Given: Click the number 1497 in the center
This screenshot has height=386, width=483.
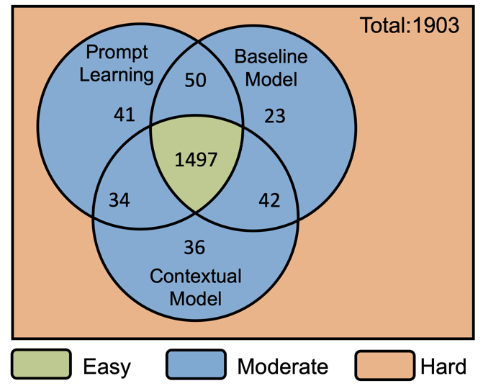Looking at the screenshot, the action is pos(196,160).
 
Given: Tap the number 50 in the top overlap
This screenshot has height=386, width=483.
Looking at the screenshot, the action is pos(195,80).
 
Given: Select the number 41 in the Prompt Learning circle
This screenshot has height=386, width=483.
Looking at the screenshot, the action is pos(124,115).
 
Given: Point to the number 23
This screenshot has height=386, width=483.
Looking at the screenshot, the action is pos(275,116).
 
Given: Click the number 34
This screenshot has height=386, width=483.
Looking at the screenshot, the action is pos(119,199).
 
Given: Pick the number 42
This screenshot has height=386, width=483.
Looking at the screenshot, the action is pos(269,200).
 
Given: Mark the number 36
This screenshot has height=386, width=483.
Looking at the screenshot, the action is pos(194,248).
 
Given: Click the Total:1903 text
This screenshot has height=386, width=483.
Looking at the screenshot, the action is pos(410,25).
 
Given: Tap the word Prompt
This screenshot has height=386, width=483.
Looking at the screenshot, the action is pos(117,53).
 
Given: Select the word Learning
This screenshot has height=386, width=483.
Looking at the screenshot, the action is pos(117,76).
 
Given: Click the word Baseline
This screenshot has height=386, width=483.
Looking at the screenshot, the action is pos(271,57).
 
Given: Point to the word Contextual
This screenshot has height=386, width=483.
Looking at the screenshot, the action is pos(196,276).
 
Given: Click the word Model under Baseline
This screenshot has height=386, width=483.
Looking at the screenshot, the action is pos(271,79).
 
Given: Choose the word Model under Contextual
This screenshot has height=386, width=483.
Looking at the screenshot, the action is pos(196,299).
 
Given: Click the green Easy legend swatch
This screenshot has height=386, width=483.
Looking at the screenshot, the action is pos(41,364).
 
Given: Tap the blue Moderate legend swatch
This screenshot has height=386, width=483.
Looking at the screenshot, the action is pos(196,364).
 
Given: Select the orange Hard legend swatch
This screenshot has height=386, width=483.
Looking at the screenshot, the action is pos(385,365).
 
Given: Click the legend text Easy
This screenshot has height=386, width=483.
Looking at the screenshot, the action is pos(107,367).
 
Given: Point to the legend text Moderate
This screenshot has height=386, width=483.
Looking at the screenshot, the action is pos(283,367).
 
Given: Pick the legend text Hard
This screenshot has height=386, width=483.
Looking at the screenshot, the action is pos(443,367).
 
